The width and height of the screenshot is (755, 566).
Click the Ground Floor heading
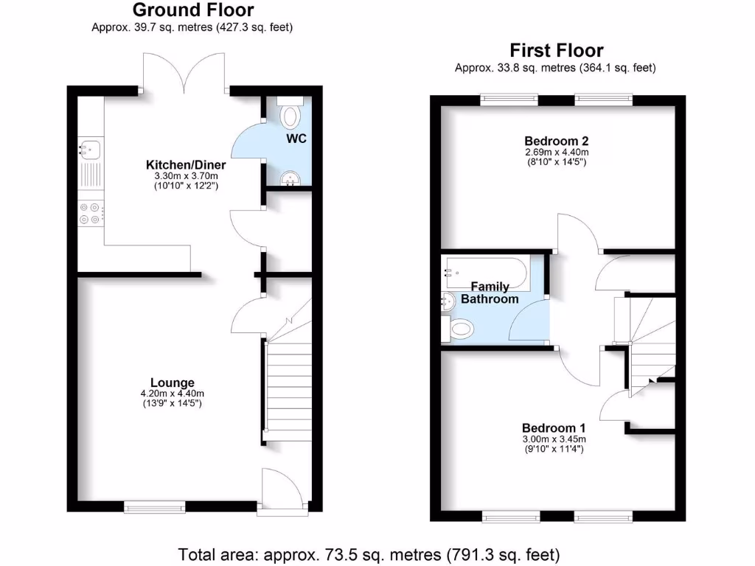pos(193,10)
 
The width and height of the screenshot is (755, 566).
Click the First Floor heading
pos(557,50)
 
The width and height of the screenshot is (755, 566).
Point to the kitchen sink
pos(89,150)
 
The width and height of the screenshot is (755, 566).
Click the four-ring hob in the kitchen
pos(90,213)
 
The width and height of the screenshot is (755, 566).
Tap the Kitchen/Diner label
pos(186,164)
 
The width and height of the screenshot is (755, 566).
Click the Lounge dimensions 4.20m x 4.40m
pos(173,394)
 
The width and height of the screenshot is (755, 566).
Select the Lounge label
pos(173,382)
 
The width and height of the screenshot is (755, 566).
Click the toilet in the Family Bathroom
pos(459,329)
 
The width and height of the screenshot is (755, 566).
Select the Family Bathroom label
pos(490,293)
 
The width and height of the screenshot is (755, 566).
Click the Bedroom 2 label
pos(557,141)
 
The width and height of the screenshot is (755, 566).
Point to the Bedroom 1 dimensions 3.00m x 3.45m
pos(554,439)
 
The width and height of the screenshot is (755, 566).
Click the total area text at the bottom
pos(369,553)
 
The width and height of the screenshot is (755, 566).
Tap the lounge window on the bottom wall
pos(154,506)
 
